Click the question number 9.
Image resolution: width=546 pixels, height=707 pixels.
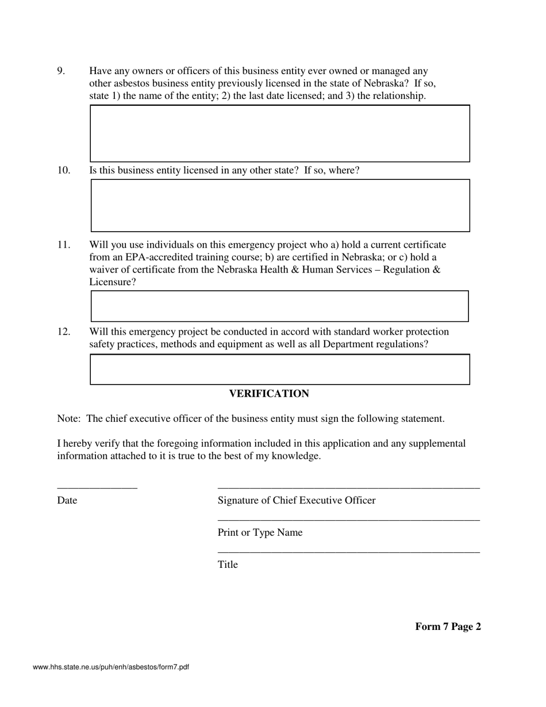pos(61,71)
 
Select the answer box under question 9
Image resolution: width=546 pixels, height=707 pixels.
pos(280,133)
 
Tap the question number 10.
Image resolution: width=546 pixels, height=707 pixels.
pos(63,170)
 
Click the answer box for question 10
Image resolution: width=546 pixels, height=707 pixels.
pos(280,206)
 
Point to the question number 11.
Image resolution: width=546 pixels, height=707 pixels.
pos(63,245)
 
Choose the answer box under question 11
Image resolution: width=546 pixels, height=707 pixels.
pos(279,306)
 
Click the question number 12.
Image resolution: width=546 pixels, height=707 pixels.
pos(63,332)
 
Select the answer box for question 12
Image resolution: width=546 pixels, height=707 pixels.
pos(280,369)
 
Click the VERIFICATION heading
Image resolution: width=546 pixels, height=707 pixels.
pos(269,394)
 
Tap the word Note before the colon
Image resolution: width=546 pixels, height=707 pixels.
pos(68,418)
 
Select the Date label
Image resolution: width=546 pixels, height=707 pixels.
pos(67,501)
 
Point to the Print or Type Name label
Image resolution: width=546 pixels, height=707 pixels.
pos(260,533)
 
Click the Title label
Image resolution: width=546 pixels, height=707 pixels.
pos(228,565)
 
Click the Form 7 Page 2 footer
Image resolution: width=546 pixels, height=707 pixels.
pos(448,627)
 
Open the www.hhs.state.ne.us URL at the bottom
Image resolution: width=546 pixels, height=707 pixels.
pos(111,667)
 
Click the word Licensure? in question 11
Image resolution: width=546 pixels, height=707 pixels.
pos(113,282)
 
